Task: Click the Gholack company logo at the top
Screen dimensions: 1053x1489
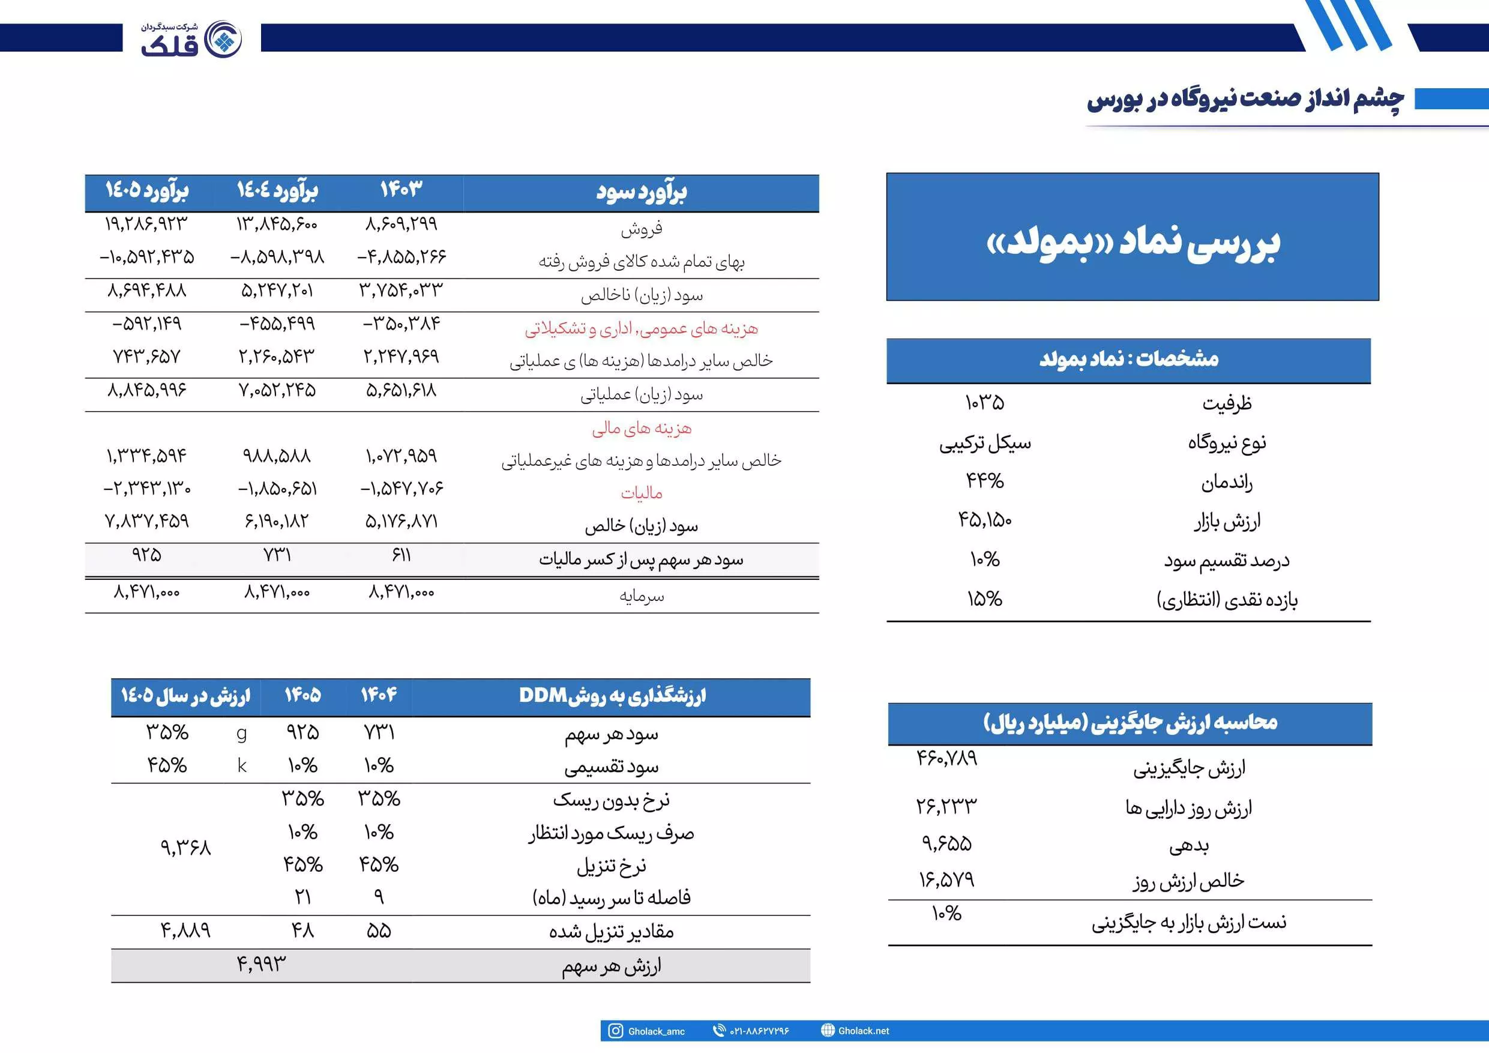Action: click(x=192, y=39)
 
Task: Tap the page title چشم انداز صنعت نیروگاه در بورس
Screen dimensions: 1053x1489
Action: click(x=1245, y=99)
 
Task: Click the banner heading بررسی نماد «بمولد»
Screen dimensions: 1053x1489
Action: click(x=1133, y=243)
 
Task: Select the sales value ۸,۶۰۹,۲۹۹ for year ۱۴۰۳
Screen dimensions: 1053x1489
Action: click(x=402, y=224)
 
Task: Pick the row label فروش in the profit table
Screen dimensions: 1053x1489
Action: click(x=642, y=228)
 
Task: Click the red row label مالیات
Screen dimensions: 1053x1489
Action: click(x=642, y=493)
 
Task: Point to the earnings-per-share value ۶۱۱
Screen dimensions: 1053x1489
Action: click(x=402, y=555)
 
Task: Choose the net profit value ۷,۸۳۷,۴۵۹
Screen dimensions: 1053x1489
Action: click(x=146, y=521)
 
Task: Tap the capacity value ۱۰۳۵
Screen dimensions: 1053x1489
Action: click(x=984, y=403)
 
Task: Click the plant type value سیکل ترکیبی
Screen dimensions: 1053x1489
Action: click(x=984, y=443)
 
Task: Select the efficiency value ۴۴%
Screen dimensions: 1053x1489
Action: click(x=984, y=481)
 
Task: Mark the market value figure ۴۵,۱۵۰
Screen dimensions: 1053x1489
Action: click(x=984, y=520)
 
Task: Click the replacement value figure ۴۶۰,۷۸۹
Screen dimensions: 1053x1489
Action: click(x=946, y=758)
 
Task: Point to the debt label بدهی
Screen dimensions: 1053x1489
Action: click(x=1189, y=845)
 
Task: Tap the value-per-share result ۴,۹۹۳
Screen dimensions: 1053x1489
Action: click(x=260, y=964)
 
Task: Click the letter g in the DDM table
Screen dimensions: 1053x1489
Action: click(x=242, y=733)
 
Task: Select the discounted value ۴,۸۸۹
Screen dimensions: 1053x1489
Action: click(x=185, y=931)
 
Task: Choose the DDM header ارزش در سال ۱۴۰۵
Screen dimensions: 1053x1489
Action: click(x=185, y=696)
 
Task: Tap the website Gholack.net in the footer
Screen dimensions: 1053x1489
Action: click(x=863, y=1031)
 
